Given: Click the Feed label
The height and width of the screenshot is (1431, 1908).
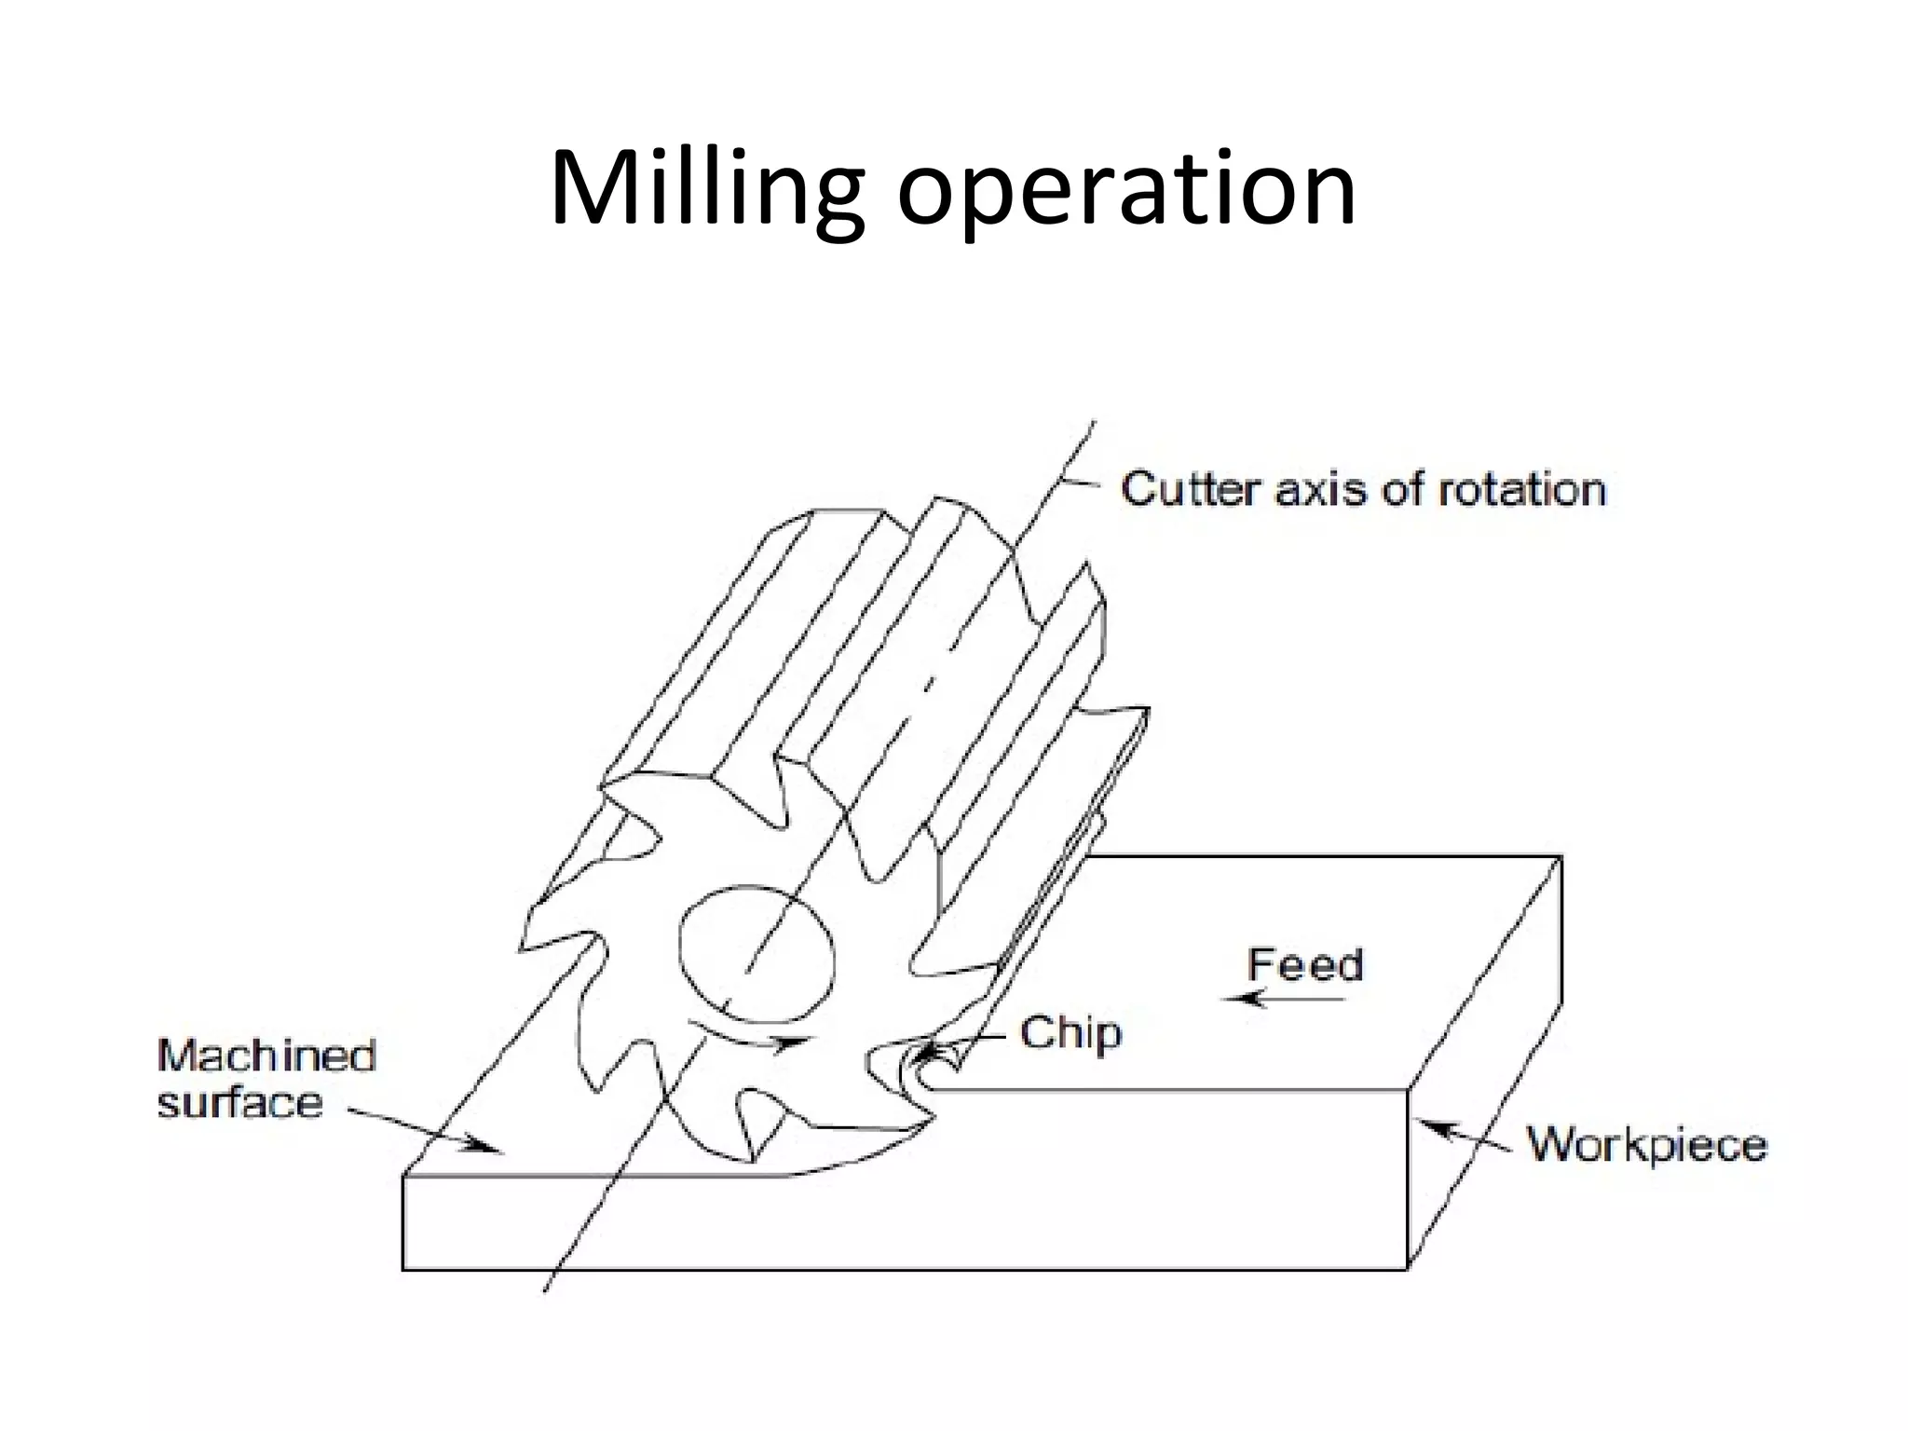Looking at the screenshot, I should click(x=1304, y=965).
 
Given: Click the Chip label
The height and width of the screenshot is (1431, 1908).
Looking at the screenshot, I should click(x=1070, y=1033).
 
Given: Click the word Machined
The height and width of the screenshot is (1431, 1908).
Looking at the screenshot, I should click(x=266, y=1056).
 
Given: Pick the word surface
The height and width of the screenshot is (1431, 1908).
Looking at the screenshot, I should click(x=239, y=1103).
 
